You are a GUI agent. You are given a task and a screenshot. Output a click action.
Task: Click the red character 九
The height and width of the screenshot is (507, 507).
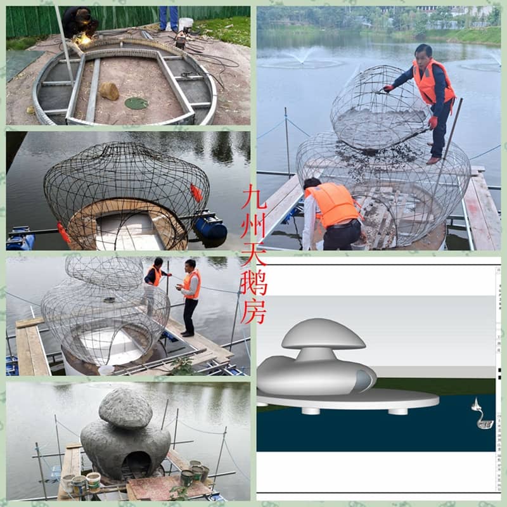(x=254, y=196)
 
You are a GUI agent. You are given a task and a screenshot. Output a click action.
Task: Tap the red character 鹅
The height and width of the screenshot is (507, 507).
(x=254, y=283)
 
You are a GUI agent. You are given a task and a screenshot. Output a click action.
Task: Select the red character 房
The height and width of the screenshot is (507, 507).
(x=254, y=312)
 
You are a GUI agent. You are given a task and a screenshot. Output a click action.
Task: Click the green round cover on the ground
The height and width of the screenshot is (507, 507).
(x=136, y=103)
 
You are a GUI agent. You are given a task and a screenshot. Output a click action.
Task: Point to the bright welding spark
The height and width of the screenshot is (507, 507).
(x=84, y=39)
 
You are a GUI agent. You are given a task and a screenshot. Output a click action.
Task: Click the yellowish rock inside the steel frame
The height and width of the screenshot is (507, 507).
(x=109, y=91)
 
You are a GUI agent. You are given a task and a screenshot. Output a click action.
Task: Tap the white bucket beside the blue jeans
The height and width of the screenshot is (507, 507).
(x=186, y=25)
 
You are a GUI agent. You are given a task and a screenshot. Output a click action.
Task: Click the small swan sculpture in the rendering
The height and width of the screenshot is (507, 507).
(x=482, y=414)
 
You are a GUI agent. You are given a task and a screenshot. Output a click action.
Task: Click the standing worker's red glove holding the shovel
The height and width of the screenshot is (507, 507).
(x=433, y=122)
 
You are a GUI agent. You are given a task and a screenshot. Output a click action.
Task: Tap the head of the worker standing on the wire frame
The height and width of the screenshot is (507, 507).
(x=423, y=53)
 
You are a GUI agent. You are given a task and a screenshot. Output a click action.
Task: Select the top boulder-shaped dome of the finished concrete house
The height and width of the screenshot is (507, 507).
(x=125, y=408)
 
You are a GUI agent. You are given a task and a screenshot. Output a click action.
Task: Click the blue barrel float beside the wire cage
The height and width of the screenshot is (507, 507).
(x=210, y=228)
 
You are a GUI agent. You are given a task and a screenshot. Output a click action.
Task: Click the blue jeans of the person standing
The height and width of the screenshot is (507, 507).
(x=169, y=18)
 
